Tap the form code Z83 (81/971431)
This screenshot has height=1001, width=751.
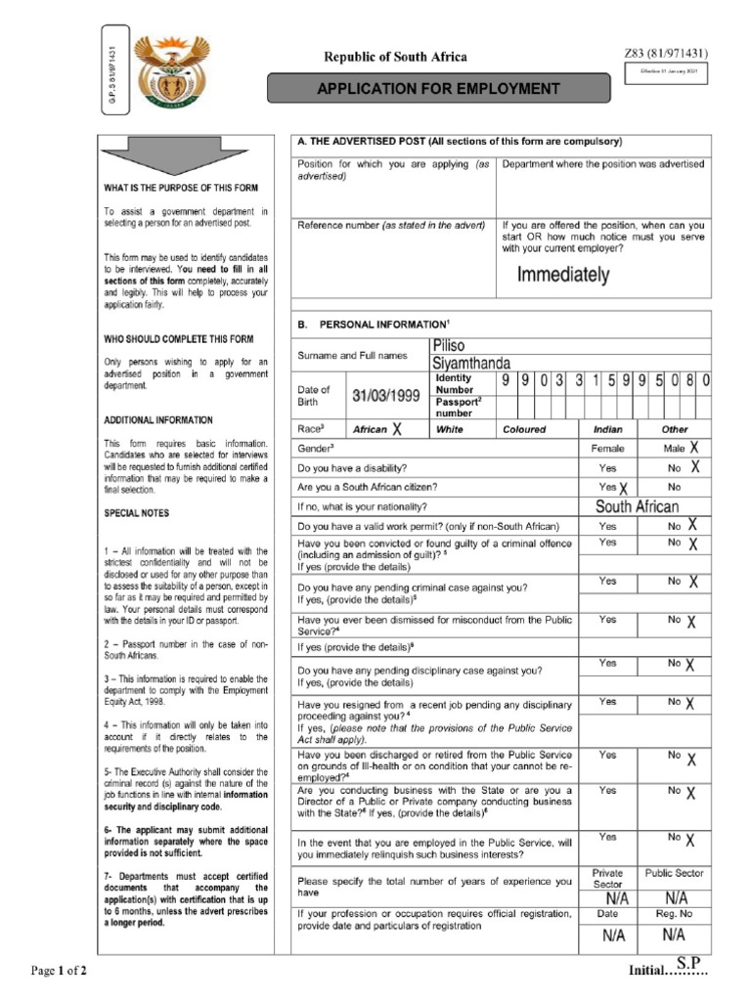point(666,54)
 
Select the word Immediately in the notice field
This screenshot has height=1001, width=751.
point(563,275)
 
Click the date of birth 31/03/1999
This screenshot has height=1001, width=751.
point(386,396)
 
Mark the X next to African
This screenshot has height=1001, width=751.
point(397,428)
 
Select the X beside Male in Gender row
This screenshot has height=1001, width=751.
point(693,447)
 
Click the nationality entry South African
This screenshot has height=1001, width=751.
point(637,506)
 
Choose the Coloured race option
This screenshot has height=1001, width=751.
point(524,429)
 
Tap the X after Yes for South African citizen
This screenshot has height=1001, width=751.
point(623,488)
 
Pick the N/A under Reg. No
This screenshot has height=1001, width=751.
point(675,935)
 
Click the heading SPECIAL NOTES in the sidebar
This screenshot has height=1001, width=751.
point(136,512)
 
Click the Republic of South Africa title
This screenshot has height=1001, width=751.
point(396,57)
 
